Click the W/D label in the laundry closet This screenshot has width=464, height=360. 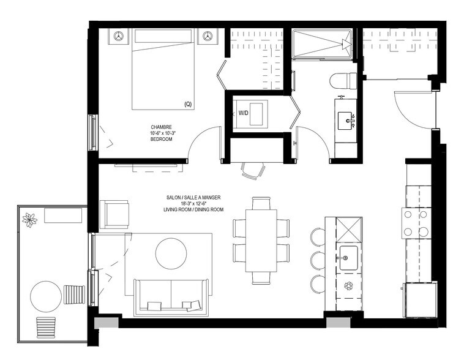244,113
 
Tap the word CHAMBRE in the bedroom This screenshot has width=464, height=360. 162,127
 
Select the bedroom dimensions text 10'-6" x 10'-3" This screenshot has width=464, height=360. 162,133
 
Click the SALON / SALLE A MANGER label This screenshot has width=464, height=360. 193,197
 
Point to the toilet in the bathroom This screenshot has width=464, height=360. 339,80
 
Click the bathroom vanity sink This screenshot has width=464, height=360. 346,119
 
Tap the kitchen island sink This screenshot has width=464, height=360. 348,257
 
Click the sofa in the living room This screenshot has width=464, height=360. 170,296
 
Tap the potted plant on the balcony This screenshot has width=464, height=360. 29,219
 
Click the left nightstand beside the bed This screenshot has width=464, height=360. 119,36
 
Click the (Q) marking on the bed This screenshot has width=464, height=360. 187,104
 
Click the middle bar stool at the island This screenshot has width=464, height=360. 317,259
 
